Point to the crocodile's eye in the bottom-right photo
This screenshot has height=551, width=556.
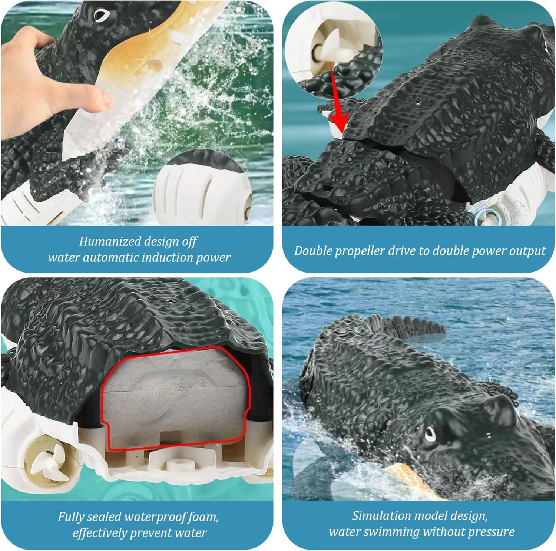(430, 433)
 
